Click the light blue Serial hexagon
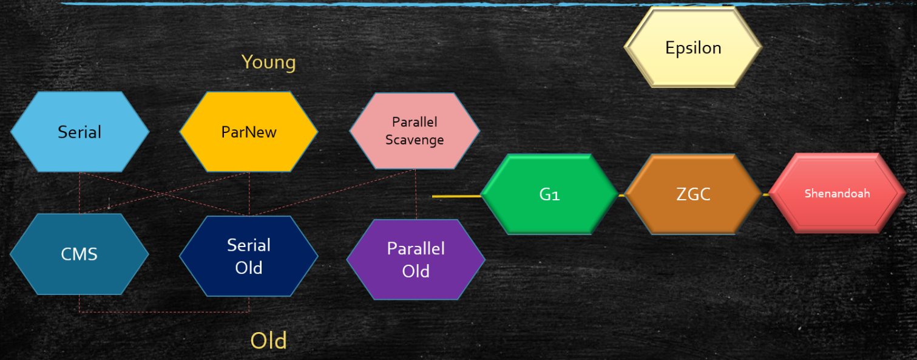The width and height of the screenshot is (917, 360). click(x=80, y=132)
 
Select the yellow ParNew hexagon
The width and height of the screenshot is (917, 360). click(x=249, y=132)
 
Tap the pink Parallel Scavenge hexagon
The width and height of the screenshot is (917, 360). click(x=415, y=131)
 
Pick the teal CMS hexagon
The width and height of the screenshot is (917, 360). click(x=79, y=254)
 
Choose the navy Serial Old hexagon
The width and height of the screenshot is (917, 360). click(x=249, y=256)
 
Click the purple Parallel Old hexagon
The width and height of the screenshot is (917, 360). click(x=416, y=259)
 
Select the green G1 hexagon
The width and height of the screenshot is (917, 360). click(x=549, y=195)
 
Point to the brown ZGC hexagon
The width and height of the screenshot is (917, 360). click(x=693, y=194)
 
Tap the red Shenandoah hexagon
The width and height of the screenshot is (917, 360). click(x=837, y=194)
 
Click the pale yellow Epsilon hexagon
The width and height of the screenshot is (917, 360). click(x=693, y=47)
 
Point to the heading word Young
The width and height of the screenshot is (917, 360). click(x=268, y=62)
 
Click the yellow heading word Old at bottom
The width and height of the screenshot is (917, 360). click(x=268, y=341)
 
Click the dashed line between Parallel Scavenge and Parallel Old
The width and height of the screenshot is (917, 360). click(x=416, y=194)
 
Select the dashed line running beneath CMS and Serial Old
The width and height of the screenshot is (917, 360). click(x=164, y=312)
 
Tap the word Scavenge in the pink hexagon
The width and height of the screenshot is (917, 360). click(x=415, y=140)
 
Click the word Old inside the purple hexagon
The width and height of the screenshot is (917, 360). click(x=416, y=271)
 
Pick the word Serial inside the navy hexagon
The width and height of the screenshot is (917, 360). click(x=249, y=245)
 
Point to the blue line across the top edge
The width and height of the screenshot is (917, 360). click(x=425, y=4)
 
